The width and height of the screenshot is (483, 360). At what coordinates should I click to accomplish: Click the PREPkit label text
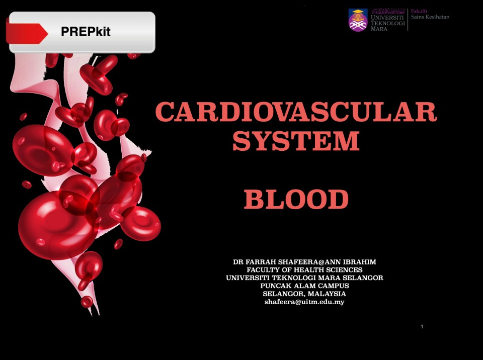click(86, 31)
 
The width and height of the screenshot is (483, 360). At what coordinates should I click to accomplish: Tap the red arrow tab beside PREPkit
click(27, 33)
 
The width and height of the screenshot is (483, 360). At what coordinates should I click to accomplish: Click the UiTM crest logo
click(358, 20)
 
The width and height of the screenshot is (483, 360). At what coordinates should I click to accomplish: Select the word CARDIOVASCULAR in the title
click(296, 112)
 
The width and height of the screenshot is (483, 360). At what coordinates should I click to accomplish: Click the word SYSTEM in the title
click(296, 141)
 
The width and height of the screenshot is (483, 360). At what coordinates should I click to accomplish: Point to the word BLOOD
click(296, 199)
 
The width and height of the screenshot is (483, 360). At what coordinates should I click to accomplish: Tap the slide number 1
click(422, 326)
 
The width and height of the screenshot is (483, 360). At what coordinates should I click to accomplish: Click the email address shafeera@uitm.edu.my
click(304, 302)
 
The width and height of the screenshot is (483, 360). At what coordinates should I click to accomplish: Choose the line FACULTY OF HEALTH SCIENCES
click(305, 270)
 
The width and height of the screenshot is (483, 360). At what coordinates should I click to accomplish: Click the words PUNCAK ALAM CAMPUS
click(305, 286)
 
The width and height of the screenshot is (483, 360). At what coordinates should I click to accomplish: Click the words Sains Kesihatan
click(430, 17)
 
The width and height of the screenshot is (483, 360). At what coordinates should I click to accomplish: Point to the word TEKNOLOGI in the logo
click(388, 23)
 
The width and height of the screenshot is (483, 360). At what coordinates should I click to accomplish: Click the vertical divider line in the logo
click(408, 20)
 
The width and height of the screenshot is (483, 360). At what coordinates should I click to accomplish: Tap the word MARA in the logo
click(379, 29)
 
